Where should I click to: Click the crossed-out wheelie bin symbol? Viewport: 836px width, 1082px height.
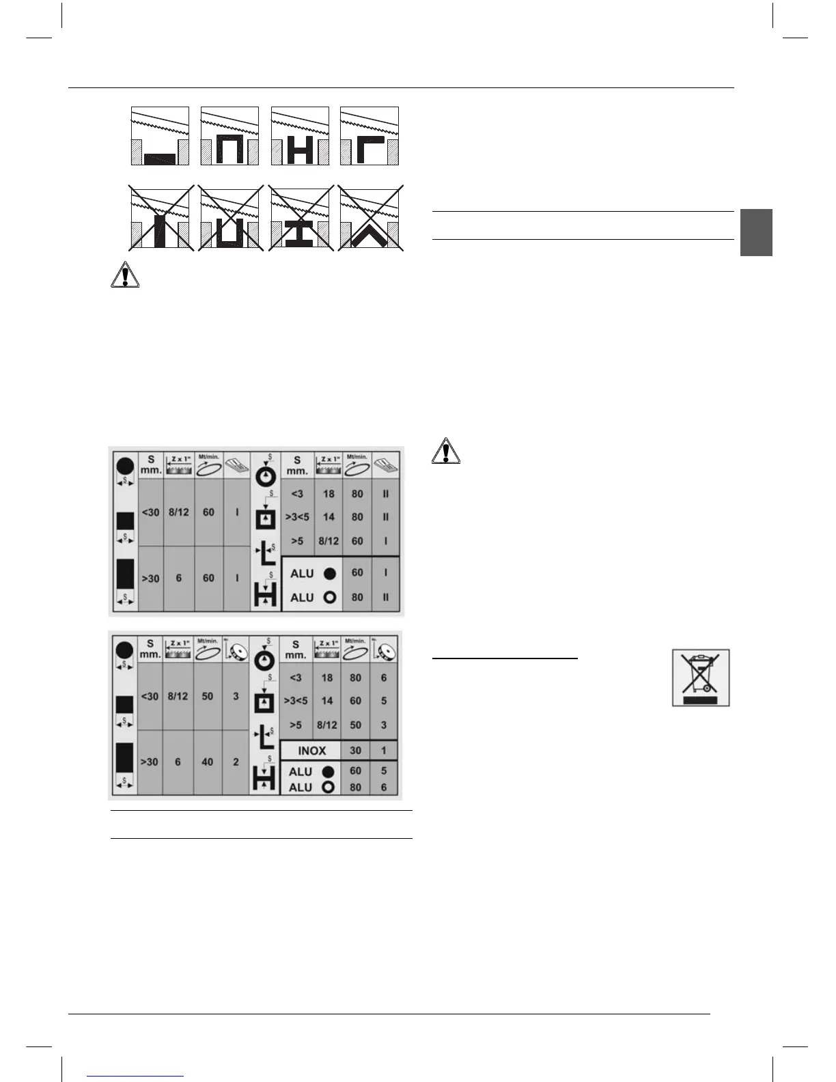pos(701,677)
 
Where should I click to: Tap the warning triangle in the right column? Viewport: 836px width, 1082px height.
pos(447,452)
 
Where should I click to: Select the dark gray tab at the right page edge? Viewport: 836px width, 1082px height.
pos(756,232)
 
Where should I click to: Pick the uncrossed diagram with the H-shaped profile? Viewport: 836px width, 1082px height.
pos(300,136)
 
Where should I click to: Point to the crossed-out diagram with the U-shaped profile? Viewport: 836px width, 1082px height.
pos(230,217)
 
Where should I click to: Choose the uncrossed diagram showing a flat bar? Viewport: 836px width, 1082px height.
pos(160,136)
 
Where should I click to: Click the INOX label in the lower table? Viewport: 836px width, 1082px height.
pos(311,751)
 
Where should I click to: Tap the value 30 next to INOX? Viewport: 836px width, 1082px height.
pos(355,750)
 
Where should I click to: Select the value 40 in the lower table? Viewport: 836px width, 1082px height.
pos(208,762)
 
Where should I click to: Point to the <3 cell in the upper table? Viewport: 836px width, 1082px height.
pos(297,494)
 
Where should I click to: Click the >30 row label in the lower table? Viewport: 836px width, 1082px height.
pos(150,762)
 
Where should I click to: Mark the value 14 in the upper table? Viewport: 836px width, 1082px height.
pos(329,517)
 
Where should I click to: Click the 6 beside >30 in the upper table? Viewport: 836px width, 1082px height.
pos(179,578)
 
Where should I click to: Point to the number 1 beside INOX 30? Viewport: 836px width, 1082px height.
pos(384,750)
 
